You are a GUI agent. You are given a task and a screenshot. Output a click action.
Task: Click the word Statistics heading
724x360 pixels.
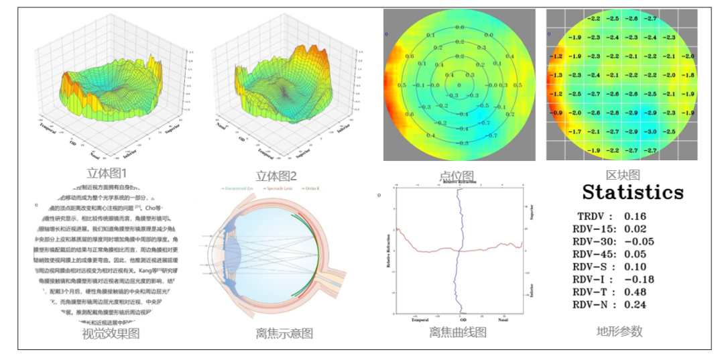click(x=633, y=192)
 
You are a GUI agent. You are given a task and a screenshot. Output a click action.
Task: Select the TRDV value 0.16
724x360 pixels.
click(x=636, y=217)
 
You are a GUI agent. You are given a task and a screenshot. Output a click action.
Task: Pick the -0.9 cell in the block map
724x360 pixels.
click(x=556, y=113)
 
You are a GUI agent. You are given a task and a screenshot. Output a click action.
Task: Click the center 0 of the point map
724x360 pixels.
click(x=459, y=85)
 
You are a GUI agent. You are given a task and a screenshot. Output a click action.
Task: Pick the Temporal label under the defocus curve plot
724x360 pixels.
click(x=420, y=320)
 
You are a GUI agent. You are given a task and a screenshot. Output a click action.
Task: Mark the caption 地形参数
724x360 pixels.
click(x=619, y=331)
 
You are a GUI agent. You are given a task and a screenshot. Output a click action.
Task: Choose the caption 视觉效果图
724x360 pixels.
click(x=111, y=333)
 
